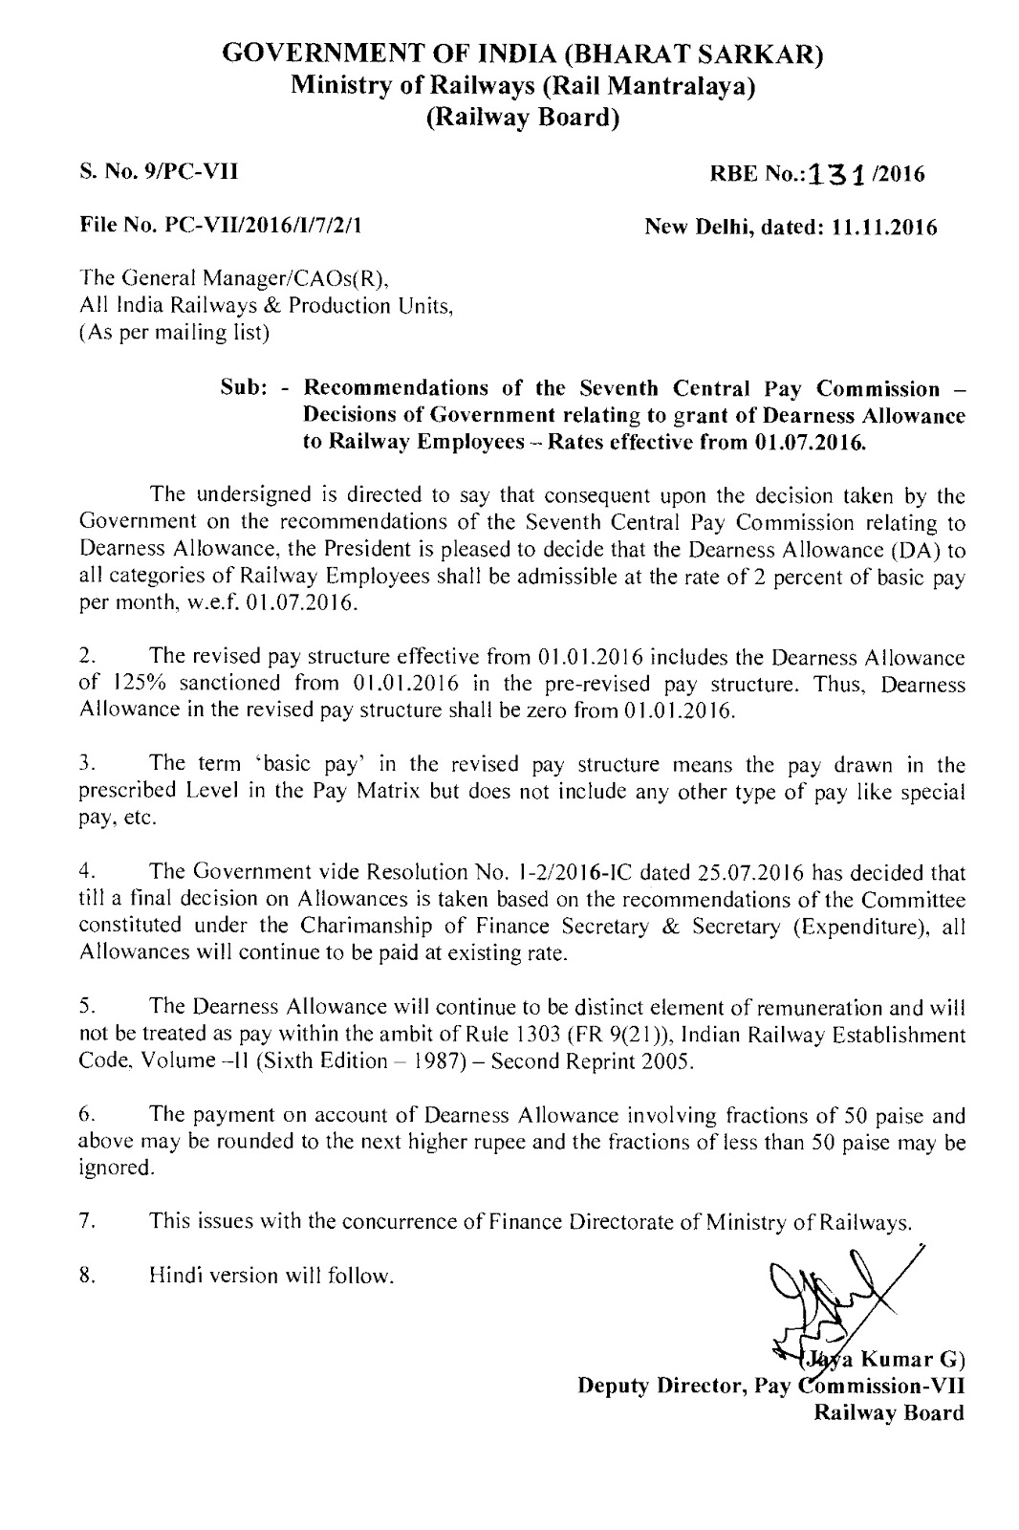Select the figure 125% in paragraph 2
pyautogui.click(x=134, y=685)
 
